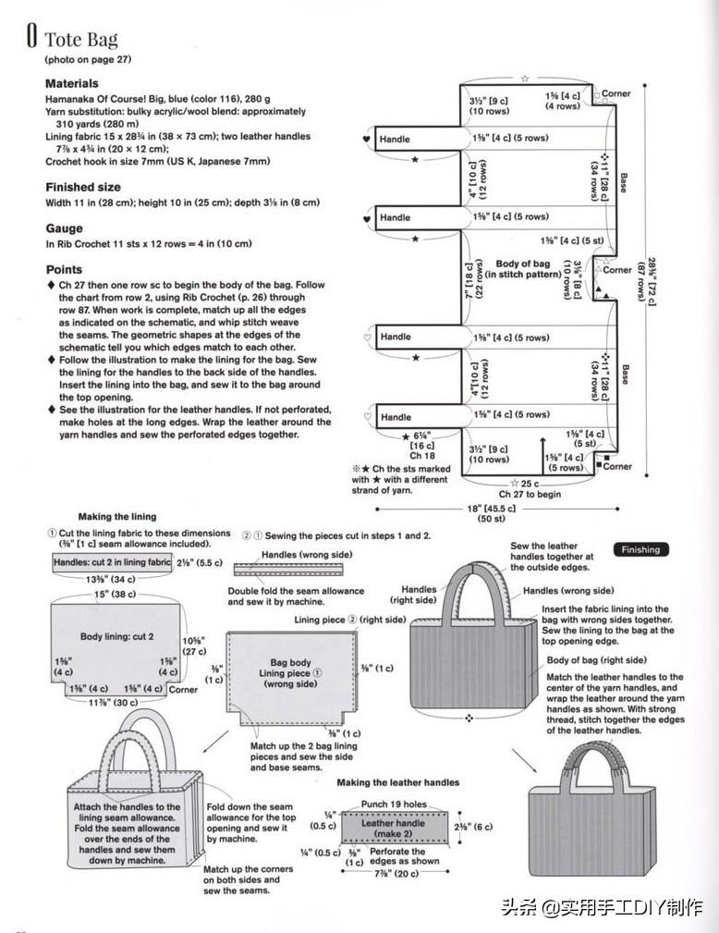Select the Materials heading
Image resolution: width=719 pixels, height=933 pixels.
click(x=72, y=83)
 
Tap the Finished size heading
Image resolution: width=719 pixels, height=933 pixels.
click(x=83, y=187)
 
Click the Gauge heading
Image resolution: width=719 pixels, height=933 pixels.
click(x=64, y=228)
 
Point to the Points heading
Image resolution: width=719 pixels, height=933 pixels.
click(x=64, y=270)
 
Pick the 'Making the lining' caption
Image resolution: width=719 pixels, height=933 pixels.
click(x=117, y=516)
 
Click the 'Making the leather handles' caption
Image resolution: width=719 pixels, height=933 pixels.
click(x=397, y=782)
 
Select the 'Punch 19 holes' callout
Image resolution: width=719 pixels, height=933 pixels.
click(x=394, y=804)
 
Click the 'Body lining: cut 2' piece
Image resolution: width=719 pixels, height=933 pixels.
click(x=116, y=636)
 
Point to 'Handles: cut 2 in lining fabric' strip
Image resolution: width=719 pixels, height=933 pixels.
click(x=112, y=562)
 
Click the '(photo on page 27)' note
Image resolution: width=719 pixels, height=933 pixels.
click(x=89, y=59)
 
